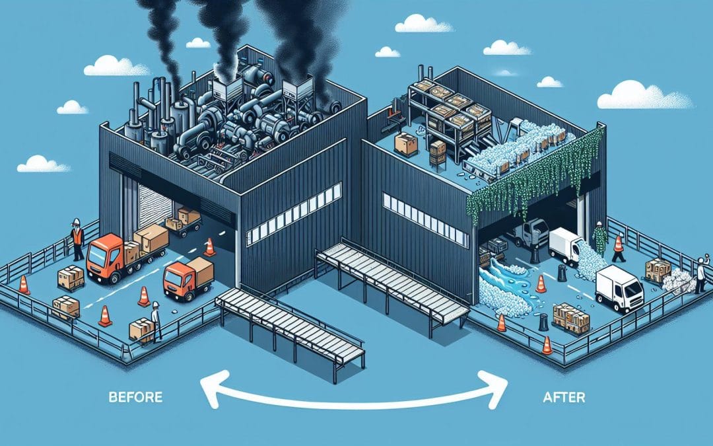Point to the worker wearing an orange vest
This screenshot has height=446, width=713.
(x=77, y=239)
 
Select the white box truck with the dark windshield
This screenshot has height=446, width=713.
(x=619, y=288)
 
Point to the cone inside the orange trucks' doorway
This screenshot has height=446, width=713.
(x=209, y=247)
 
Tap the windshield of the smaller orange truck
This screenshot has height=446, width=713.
(x=173, y=272)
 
